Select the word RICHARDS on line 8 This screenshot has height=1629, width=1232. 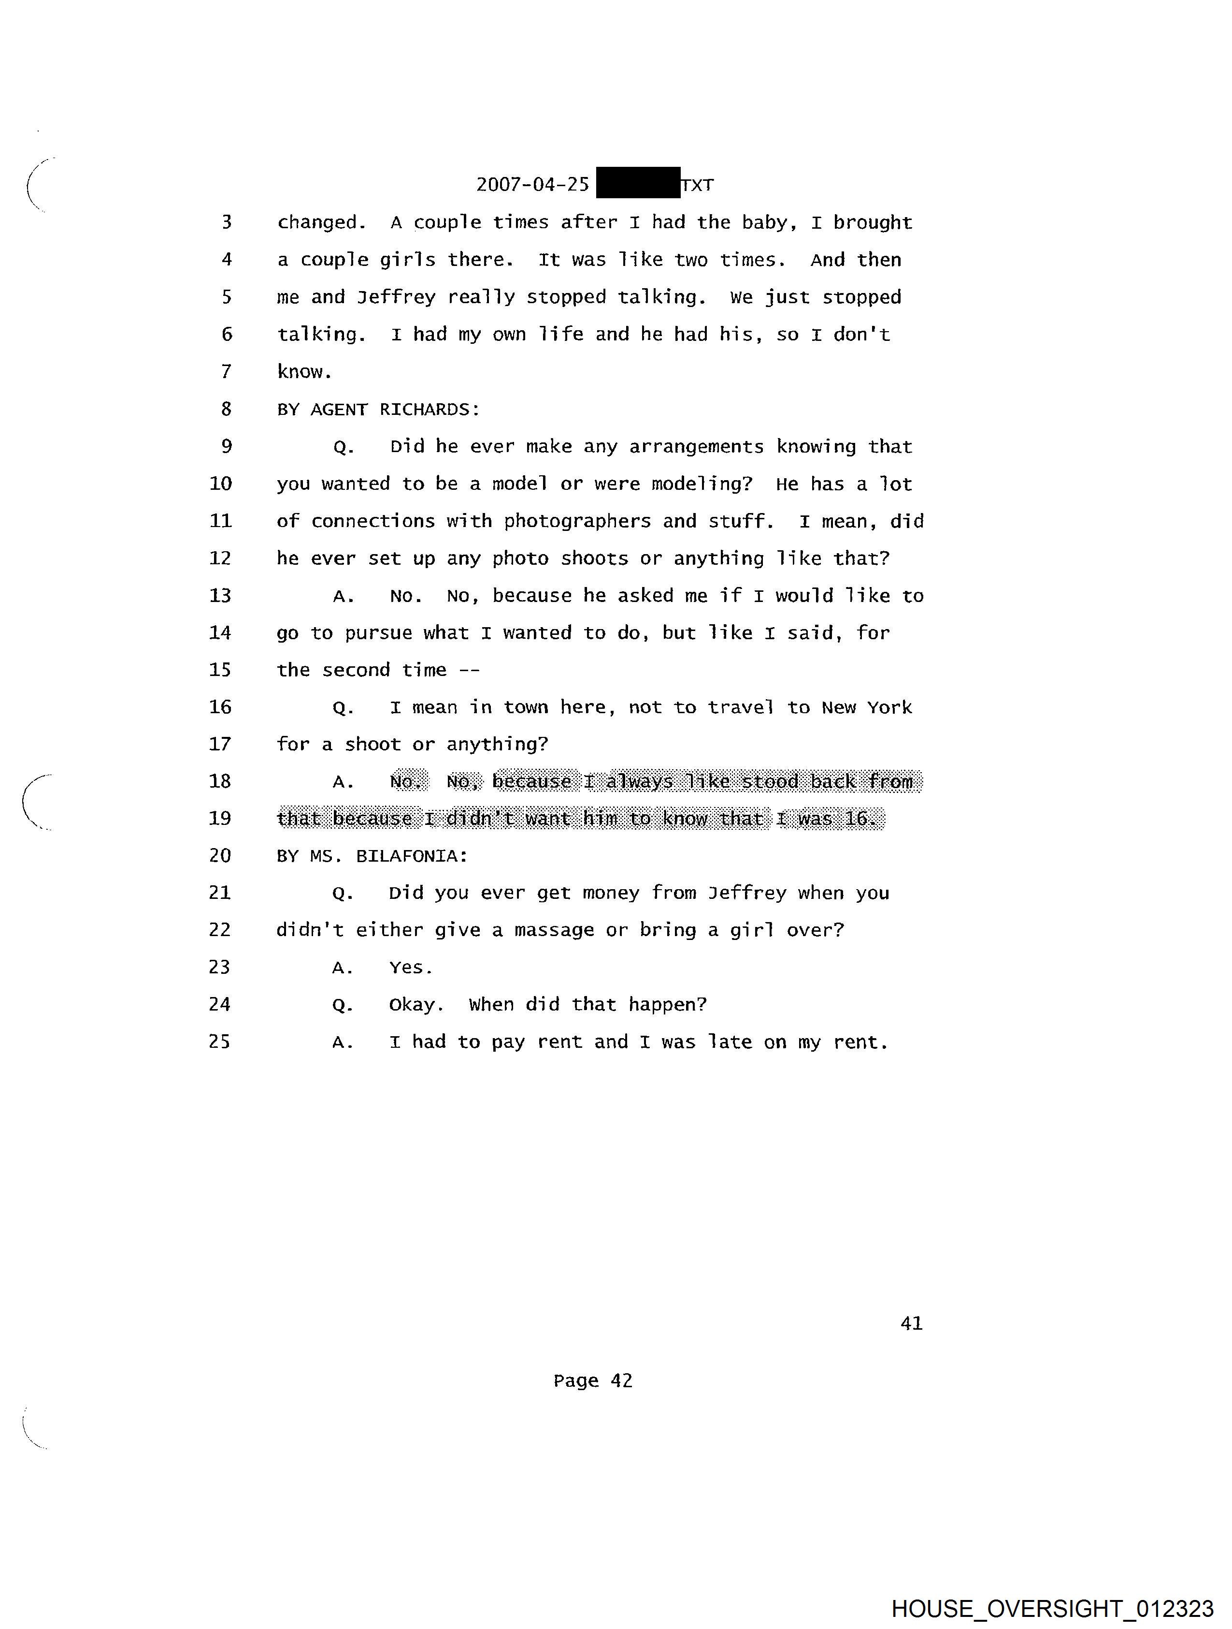click(429, 410)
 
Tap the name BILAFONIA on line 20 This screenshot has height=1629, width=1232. click(412, 856)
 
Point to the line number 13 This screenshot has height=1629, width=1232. click(220, 595)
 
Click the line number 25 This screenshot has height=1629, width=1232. click(219, 1042)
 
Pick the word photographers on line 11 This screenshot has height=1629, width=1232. click(577, 521)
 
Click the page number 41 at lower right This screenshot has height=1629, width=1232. click(911, 1323)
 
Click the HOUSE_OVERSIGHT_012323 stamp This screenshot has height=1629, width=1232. click(1052, 1608)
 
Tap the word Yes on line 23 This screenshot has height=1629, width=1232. click(410, 967)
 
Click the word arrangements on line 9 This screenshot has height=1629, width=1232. click(696, 447)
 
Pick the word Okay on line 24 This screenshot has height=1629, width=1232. click(416, 1004)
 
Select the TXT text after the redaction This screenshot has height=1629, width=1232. click(697, 184)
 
